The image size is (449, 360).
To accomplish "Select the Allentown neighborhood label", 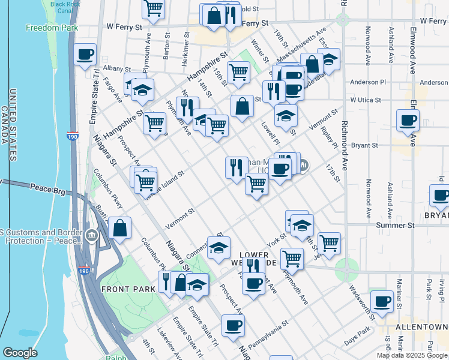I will (x=422, y=327).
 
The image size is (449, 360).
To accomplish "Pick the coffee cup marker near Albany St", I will (x=85, y=55).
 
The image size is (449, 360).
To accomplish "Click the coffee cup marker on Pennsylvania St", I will (x=233, y=326).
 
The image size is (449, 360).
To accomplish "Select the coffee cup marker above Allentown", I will (x=382, y=301).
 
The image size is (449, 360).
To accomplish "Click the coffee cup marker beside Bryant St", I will (x=408, y=119).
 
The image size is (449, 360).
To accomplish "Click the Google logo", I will (x=20, y=353).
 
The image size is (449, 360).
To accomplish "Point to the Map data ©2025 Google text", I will (x=412, y=355).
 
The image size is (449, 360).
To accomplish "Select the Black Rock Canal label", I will (x=65, y=7).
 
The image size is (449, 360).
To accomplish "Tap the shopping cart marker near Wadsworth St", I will (x=329, y=243).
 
